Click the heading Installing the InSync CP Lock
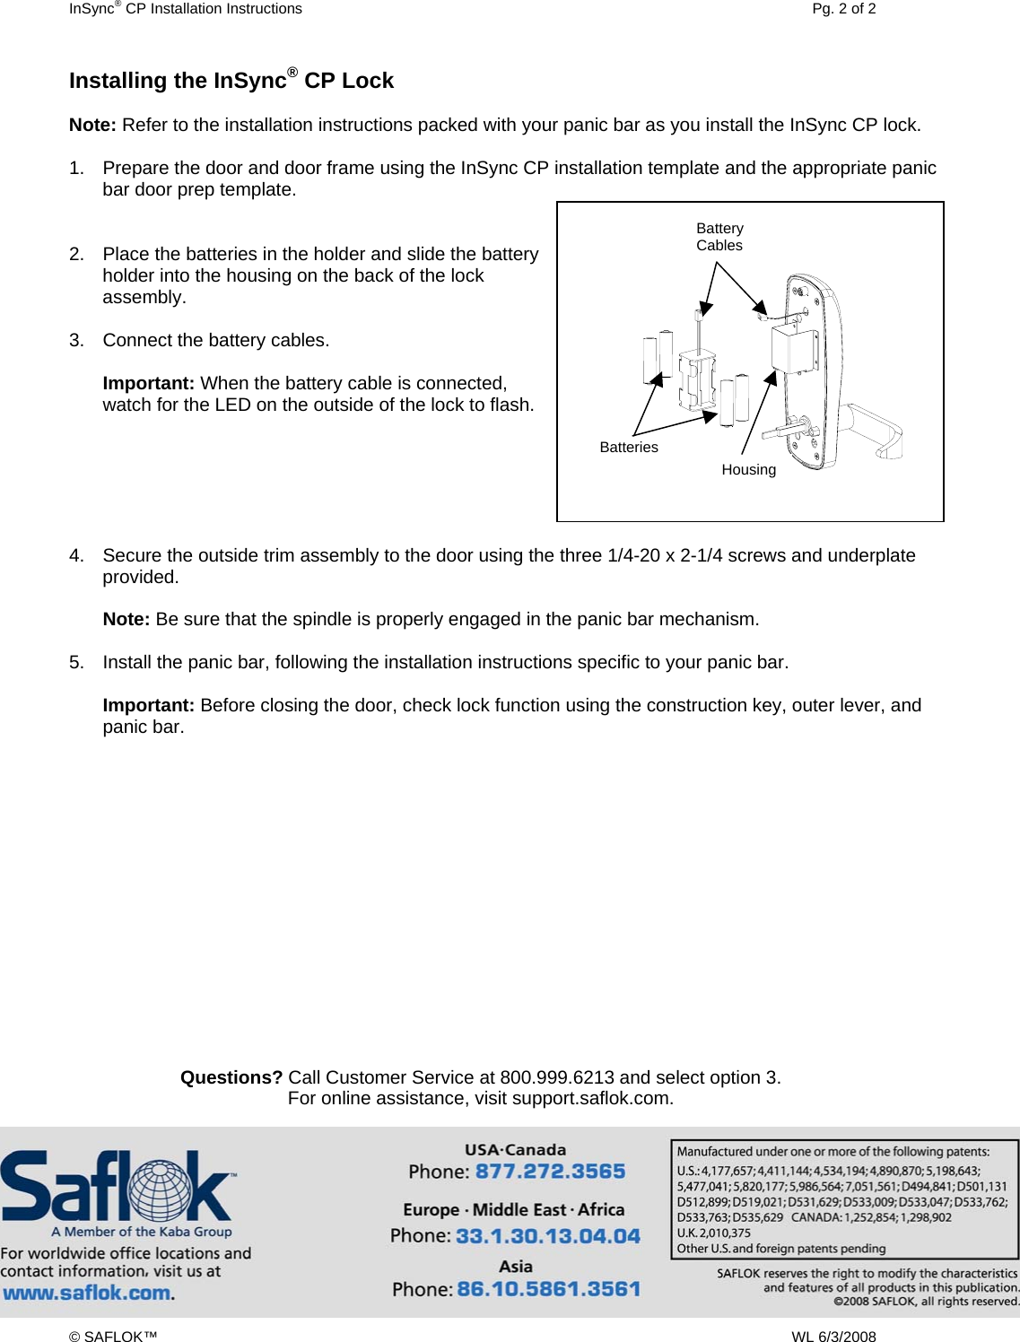231,81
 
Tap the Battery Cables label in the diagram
719,237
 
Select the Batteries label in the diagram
628,447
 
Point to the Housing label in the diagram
748,469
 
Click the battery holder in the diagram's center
696,380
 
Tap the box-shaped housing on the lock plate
793,349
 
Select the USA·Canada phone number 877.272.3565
550,1172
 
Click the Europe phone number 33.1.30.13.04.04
547,1236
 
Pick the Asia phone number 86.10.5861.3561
548,1289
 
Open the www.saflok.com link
87,1293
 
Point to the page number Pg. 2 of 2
843,9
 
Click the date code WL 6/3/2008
833,1337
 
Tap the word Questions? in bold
231,1077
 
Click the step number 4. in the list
77,555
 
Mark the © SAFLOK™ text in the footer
113,1337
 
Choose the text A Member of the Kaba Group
142,1232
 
